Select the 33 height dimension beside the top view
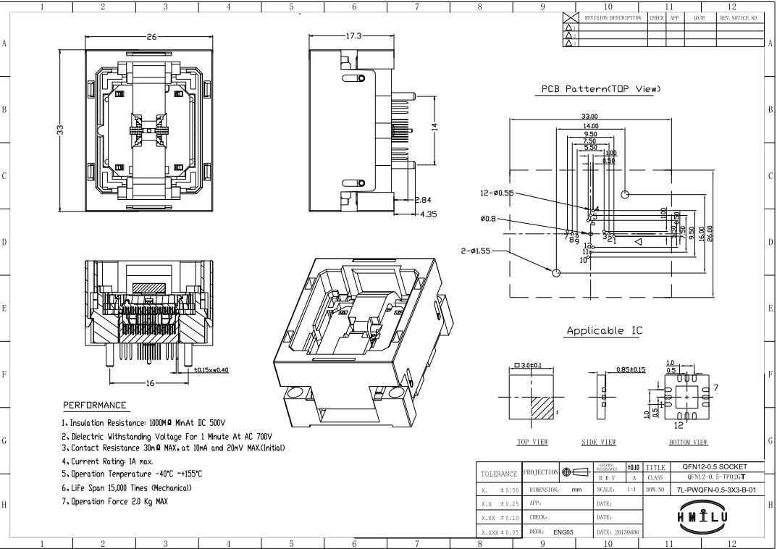click(x=61, y=130)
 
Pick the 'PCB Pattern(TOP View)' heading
click(x=601, y=89)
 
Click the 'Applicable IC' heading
click(x=604, y=331)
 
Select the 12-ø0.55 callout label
click(x=497, y=193)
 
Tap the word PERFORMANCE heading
click(x=95, y=405)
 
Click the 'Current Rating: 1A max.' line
click(x=112, y=461)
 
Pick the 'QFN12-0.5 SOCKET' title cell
click(x=709, y=467)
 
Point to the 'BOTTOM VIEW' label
click(x=687, y=442)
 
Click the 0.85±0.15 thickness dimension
click(x=630, y=371)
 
